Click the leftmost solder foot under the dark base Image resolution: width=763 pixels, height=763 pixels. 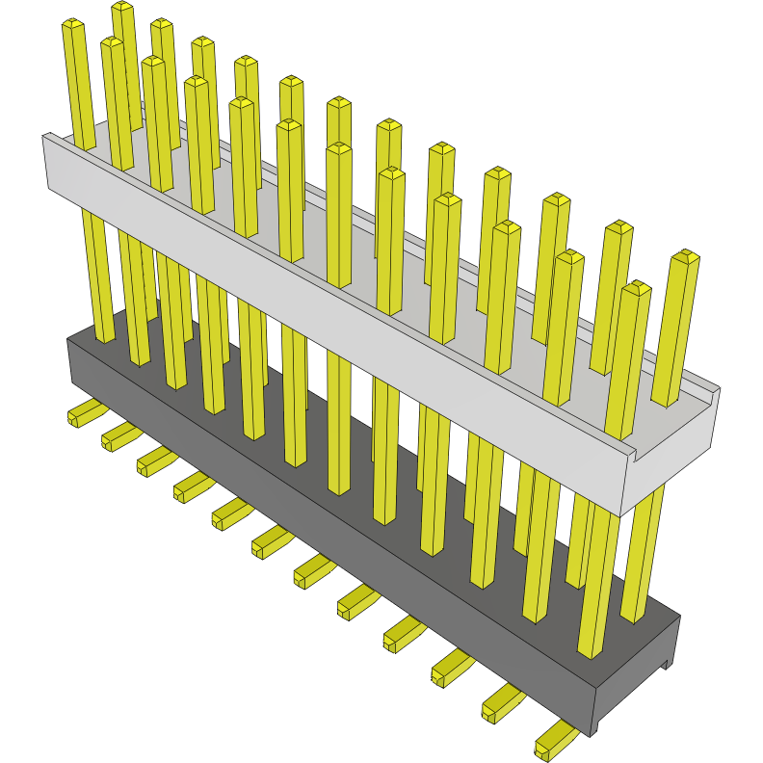pyautogui.click(x=86, y=413)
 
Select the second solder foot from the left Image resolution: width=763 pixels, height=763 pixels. pyautogui.click(x=119, y=435)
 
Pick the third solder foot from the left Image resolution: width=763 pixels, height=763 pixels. pyautogui.click(x=154, y=460)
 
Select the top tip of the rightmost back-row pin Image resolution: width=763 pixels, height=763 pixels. pyautogui.click(x=685, y=257)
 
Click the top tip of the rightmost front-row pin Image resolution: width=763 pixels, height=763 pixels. pyautogui.click(x=637, y=288)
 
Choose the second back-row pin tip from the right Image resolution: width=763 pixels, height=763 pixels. pyautogui.click(x=618, y=228)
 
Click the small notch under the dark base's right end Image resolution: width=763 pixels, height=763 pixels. pyautogui.click(x=666, y=664)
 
